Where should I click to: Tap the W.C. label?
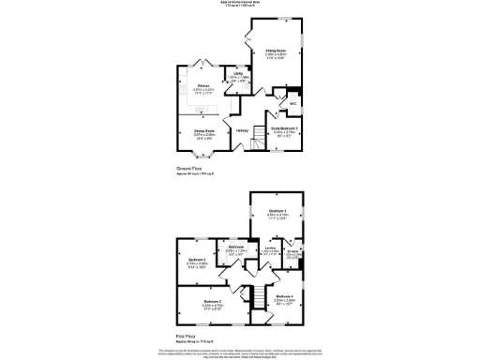click(x=292, y=103)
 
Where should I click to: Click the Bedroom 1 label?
click(x=277, y=212)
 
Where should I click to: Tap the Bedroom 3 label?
click(x=196, y=260)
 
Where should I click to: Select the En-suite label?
click(x=292, y=251)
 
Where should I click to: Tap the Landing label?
click(x=269, y=248)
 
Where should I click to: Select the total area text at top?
click(x=240, y=4)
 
